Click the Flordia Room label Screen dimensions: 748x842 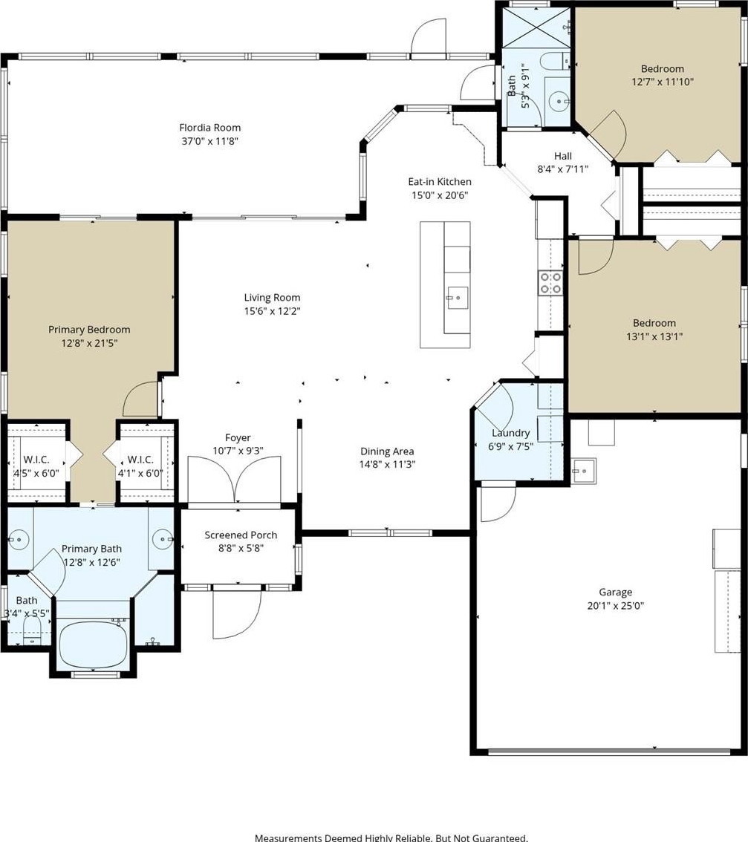[209, 128]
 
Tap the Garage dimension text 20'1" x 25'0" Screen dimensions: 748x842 [615, 606]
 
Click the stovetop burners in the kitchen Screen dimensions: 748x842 [550, 283]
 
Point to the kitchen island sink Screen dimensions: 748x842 [458, 297]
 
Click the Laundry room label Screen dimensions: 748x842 [510, 433]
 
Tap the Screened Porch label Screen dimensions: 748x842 [241, 535]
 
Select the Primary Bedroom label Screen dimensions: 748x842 [89, 330]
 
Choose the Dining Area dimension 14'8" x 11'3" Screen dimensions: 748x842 [387, 465]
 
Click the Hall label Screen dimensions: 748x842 [562, 156]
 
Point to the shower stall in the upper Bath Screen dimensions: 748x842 [537, 28]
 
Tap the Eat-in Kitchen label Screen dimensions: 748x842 [440, 181]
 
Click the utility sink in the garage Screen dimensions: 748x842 [584, 471]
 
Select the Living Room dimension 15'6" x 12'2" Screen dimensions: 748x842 [272, 311]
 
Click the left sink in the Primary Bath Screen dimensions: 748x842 [19, 539]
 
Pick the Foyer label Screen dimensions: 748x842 [238, 437]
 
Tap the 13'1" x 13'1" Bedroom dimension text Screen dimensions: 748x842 [654, 336]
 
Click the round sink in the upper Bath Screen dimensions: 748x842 [560, 101]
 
